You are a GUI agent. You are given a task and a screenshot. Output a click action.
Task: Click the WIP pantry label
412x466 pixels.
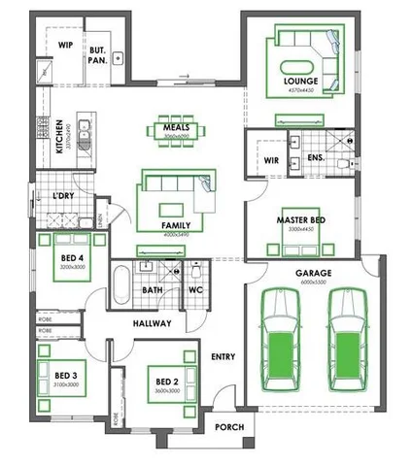[67, 45]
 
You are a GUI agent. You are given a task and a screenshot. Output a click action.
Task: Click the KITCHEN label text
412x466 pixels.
[59, 137]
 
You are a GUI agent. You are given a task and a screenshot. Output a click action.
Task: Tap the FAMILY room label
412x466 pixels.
[176, 225]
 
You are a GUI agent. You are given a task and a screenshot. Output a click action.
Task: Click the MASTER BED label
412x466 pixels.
[300, 220]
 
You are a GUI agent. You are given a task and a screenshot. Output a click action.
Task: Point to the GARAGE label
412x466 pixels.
[314, 274]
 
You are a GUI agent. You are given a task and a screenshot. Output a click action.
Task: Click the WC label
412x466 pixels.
[194, 288]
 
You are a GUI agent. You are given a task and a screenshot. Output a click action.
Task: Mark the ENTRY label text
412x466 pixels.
[223, 357]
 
